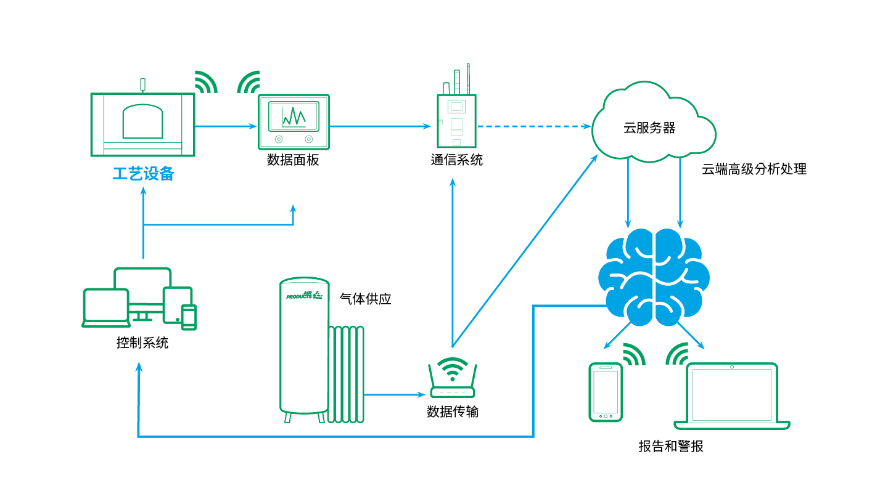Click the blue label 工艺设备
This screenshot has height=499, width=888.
point(144,174)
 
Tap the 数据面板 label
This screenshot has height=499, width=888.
point(293,160)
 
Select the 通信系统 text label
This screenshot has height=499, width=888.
point(457,160)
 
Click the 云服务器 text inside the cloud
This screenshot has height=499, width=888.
point(649,128)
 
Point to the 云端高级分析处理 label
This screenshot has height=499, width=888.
point(754,169)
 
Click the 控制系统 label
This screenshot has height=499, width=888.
point(142,343)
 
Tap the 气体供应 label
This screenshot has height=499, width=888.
point(366,299)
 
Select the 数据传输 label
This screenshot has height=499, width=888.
point(453,412)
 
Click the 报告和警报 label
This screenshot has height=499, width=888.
point(671,446)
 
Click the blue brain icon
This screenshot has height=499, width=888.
point(654,277)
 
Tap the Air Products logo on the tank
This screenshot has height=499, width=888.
point(304,296)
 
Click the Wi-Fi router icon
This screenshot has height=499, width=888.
point(453,378)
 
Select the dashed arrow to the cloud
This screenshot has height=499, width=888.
point(534,126)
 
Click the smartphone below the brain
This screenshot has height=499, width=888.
point(606,392)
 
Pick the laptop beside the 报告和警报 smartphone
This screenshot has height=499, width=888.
point(732,396)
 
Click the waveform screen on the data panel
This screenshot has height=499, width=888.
point(294,116)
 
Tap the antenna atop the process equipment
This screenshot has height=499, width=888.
point(142,85)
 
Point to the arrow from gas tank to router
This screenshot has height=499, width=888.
point(395,394)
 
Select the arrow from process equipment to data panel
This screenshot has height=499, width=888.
point(226,126)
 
